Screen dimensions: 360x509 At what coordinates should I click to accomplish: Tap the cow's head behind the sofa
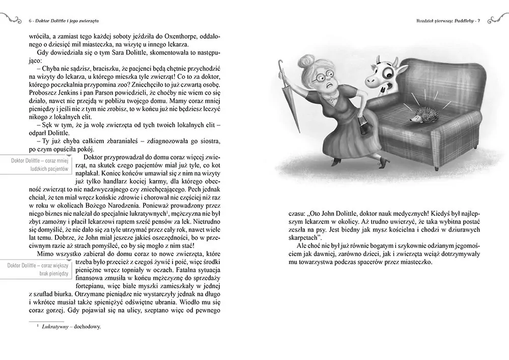pyautogui.click(x=382, y=76)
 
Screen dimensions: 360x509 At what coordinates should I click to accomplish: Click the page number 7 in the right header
pyautogui.click(x=479, y=21)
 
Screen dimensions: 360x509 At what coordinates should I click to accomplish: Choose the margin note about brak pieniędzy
pyautogui.click(x=40, y=269)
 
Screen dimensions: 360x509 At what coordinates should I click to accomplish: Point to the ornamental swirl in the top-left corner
pyautogui.click(x=11, y=18)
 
